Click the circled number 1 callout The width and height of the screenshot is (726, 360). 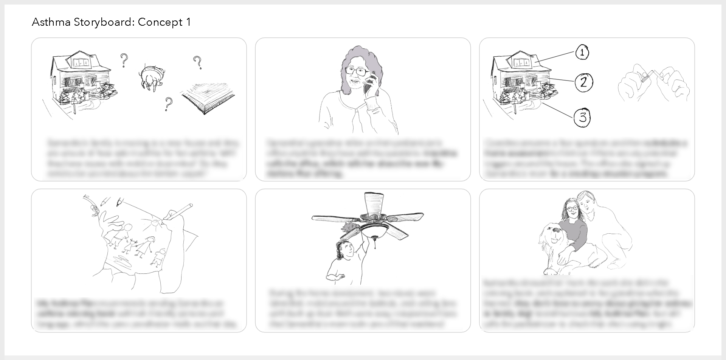pos(582,53)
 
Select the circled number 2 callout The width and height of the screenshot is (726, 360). pos(583,82)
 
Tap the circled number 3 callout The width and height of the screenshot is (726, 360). pos(582,117)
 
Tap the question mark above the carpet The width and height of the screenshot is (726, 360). pos(197,62)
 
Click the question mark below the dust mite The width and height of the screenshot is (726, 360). pos(168,103)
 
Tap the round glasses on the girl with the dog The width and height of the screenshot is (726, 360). pos(572,208)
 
